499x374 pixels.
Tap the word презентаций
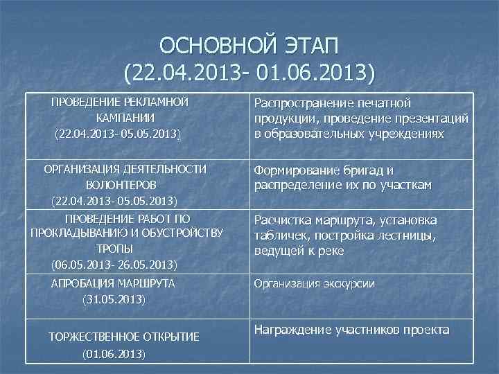point(428,118)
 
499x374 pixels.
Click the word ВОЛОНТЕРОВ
point(121,185)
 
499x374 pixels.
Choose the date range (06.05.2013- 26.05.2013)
point(114,264)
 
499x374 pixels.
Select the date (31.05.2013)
point(114,299)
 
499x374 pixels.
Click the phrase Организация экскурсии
point(315,283)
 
